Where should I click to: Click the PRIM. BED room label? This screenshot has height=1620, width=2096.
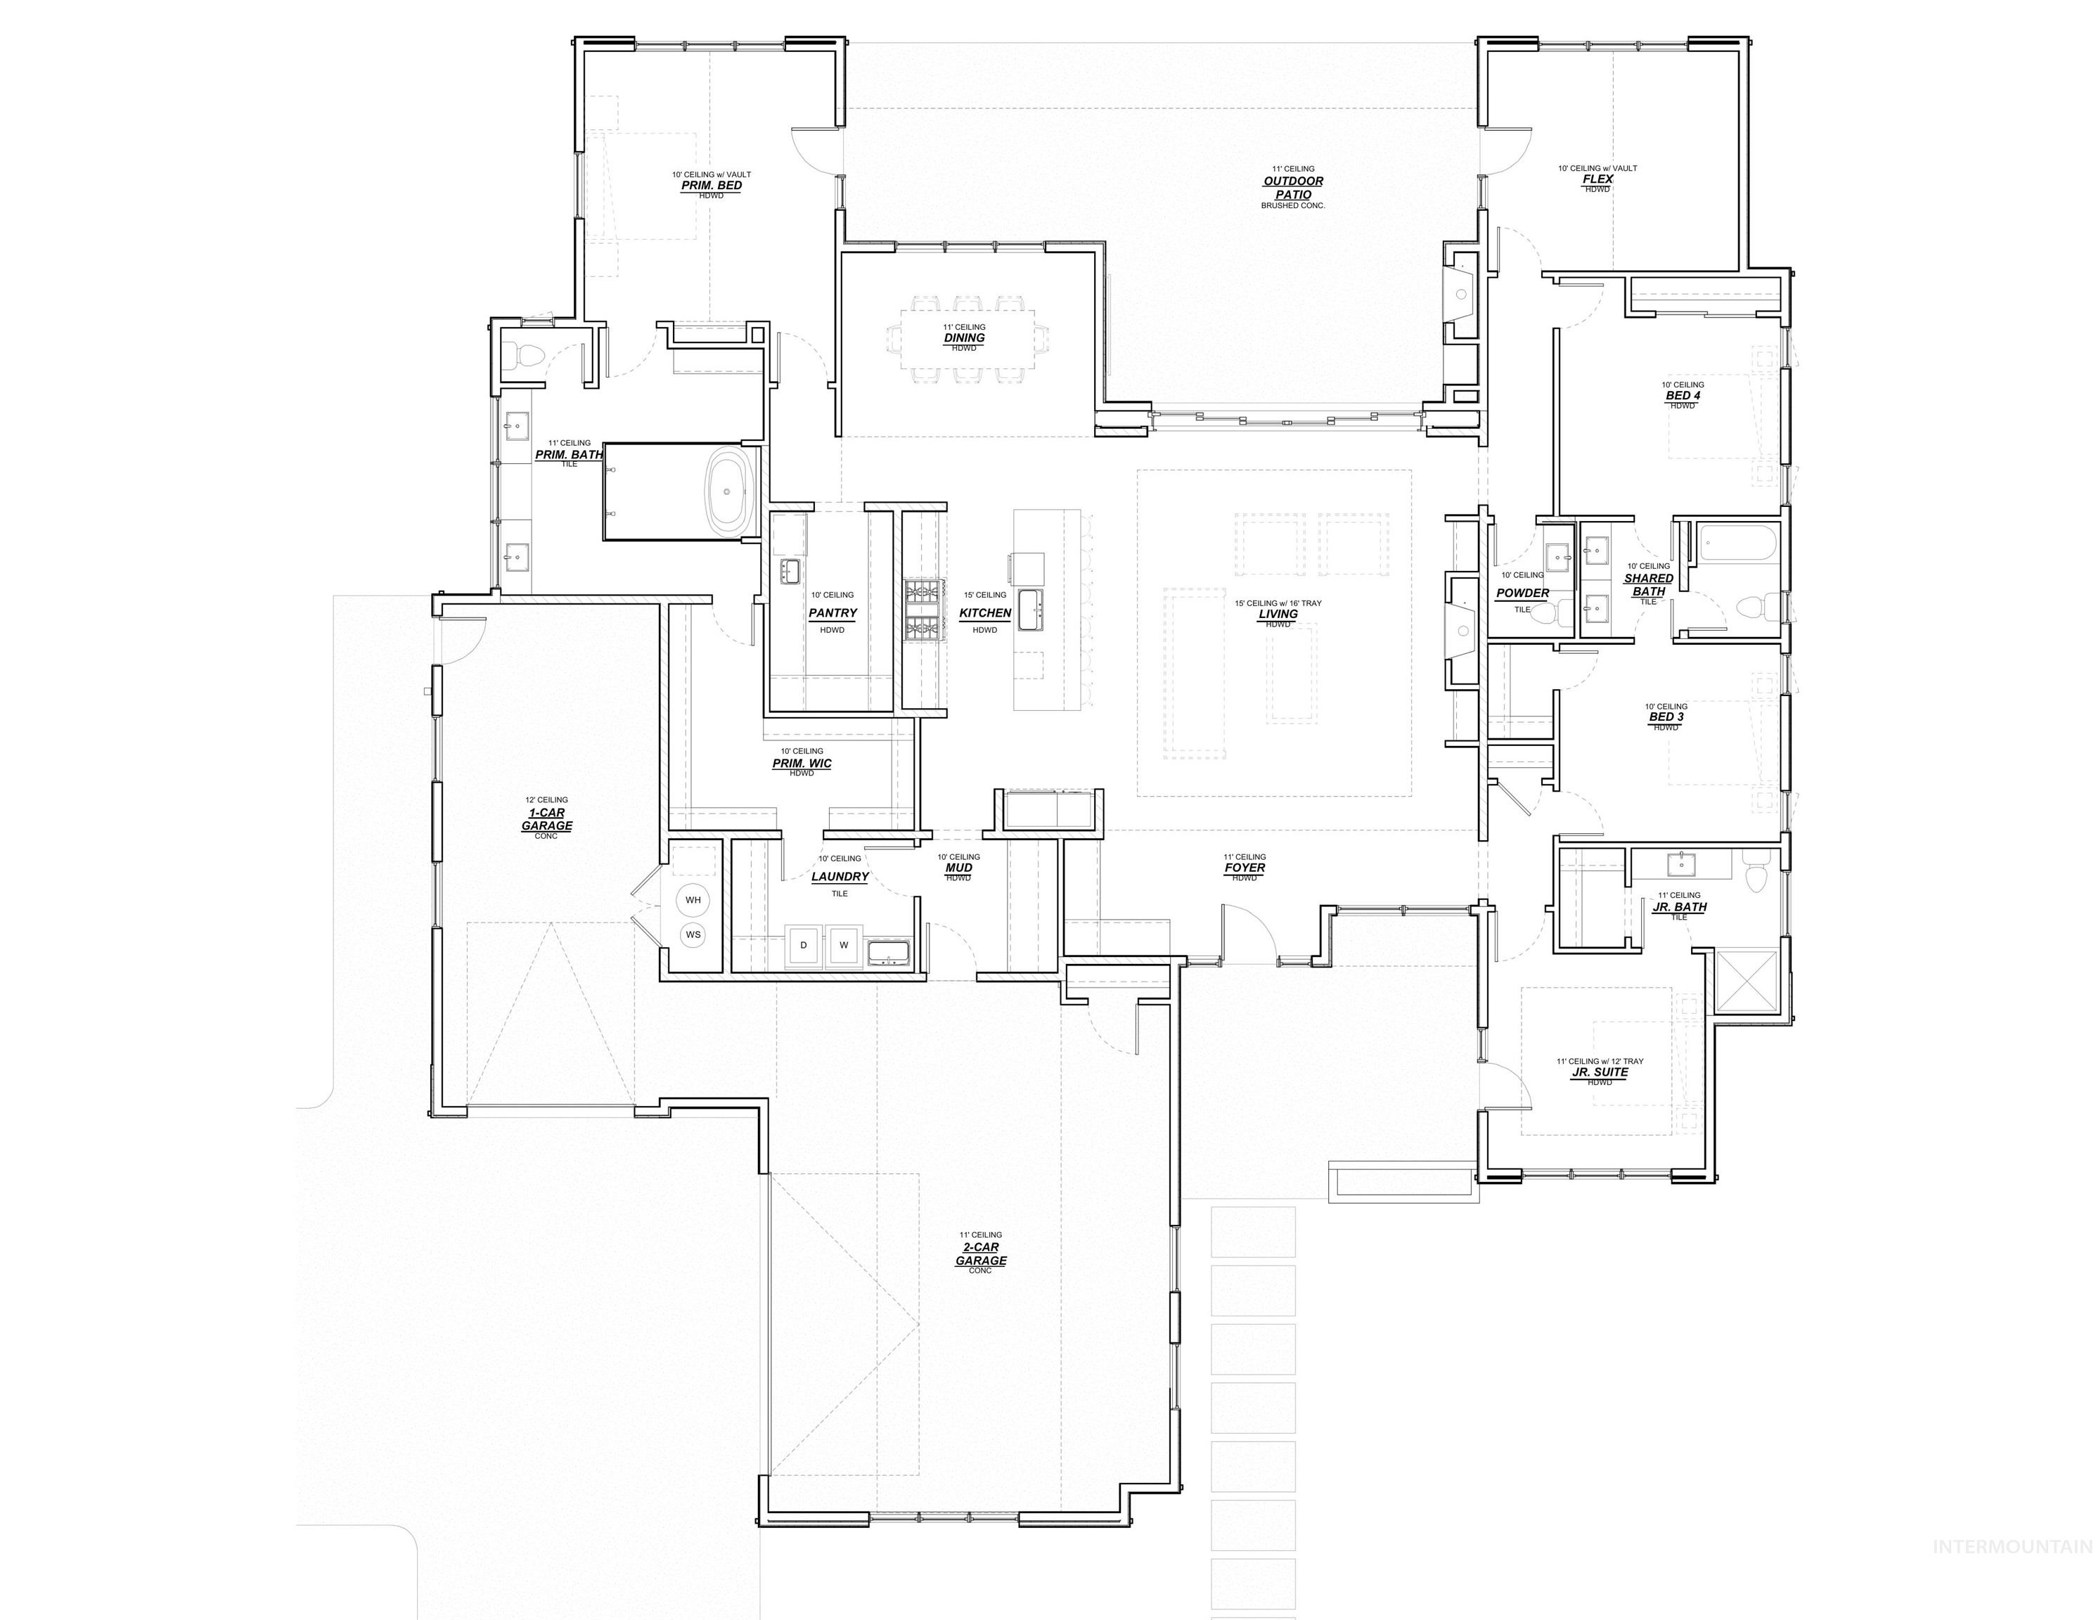(x=711, y=185)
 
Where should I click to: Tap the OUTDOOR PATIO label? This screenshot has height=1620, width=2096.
(x=1293, y=187)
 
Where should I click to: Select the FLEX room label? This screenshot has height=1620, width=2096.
(x=1598, y=179)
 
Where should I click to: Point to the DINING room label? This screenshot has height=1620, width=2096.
(x=963, y=337)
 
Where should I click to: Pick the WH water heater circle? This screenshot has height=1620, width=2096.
(x=693, y=900)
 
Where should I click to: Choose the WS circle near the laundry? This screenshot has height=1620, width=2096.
(x=693, y=934)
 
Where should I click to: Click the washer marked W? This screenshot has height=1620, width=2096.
(x=844, y=945)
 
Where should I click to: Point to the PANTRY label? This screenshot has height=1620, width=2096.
(x=832, y=612)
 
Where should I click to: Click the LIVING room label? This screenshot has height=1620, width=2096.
(x=1278, y=615)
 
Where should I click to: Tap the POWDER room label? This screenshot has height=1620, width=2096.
(x=1522, y=593)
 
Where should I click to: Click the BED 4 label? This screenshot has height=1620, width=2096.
(x=1683, y=395)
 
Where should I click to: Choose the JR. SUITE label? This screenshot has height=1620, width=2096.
(x=1600, y=1072)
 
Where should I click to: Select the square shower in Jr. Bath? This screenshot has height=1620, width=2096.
(x=1747, y=982)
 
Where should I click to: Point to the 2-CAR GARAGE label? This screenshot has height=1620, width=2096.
(x=981, y=1254)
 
